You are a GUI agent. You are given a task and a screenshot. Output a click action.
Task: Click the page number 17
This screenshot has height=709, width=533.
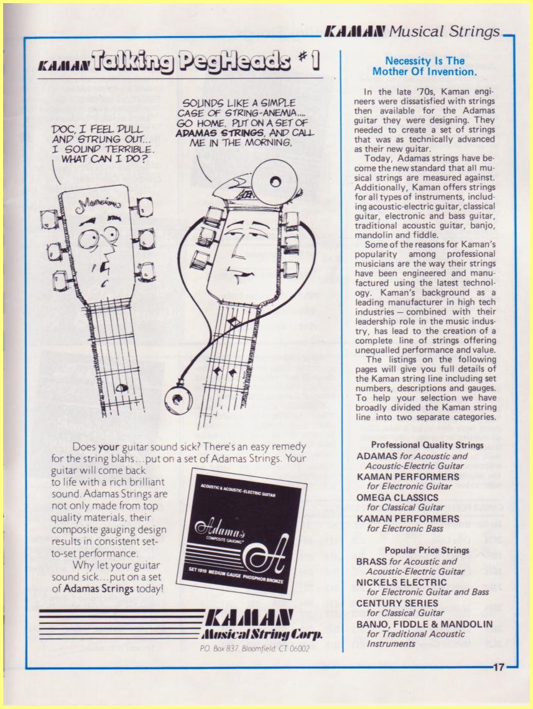(499, 667)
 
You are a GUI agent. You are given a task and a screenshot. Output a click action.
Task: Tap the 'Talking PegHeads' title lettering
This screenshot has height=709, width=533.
(190, 63)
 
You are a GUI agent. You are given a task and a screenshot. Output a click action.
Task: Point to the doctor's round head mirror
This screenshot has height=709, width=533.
(271, 179)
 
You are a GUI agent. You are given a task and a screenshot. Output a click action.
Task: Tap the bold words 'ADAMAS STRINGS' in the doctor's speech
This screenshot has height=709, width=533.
(220, 133)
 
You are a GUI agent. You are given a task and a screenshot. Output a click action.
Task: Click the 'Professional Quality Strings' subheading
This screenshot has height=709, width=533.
(427, 445)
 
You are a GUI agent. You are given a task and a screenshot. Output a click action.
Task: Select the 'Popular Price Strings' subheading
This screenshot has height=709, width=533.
(427, 550)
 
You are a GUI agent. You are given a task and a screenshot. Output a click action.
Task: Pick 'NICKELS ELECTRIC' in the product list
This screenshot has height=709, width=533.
(401, 582)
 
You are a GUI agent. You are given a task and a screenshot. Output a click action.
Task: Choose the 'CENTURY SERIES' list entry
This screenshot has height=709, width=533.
(397, 603)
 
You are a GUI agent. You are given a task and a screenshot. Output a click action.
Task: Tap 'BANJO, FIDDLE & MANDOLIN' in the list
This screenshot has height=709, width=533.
(424, 624)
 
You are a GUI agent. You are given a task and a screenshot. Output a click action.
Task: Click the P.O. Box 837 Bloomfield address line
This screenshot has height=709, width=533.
(254, 649)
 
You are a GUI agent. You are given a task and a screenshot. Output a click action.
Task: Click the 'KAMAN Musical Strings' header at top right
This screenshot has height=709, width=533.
(412, 32)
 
